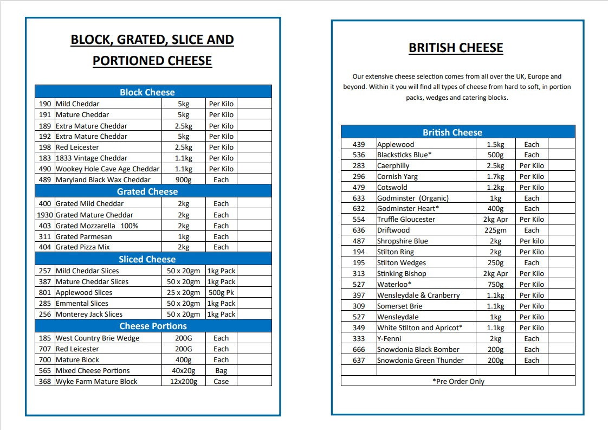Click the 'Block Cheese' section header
(147, 92)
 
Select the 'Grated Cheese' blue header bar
(147, 191)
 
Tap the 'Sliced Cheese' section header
(147, 259)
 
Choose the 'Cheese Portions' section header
(153, 326)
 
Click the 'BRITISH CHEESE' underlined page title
(456, 48)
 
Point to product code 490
(45, 169)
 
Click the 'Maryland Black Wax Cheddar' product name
(103, 179)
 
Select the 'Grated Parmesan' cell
(83, 236)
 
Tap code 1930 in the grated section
(45, 215)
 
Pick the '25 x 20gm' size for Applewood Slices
(183, 292)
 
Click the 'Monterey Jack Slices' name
(89, 314)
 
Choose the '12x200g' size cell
(183, 381)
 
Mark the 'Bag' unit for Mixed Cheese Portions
(221, 370)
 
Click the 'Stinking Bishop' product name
(402, 273)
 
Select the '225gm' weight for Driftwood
(495, 230)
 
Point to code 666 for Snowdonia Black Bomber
(359, 349)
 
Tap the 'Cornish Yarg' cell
(397, 176)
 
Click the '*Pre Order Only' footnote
(458, 381)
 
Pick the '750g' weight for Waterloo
(495, 284)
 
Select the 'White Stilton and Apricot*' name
(419, 328)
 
